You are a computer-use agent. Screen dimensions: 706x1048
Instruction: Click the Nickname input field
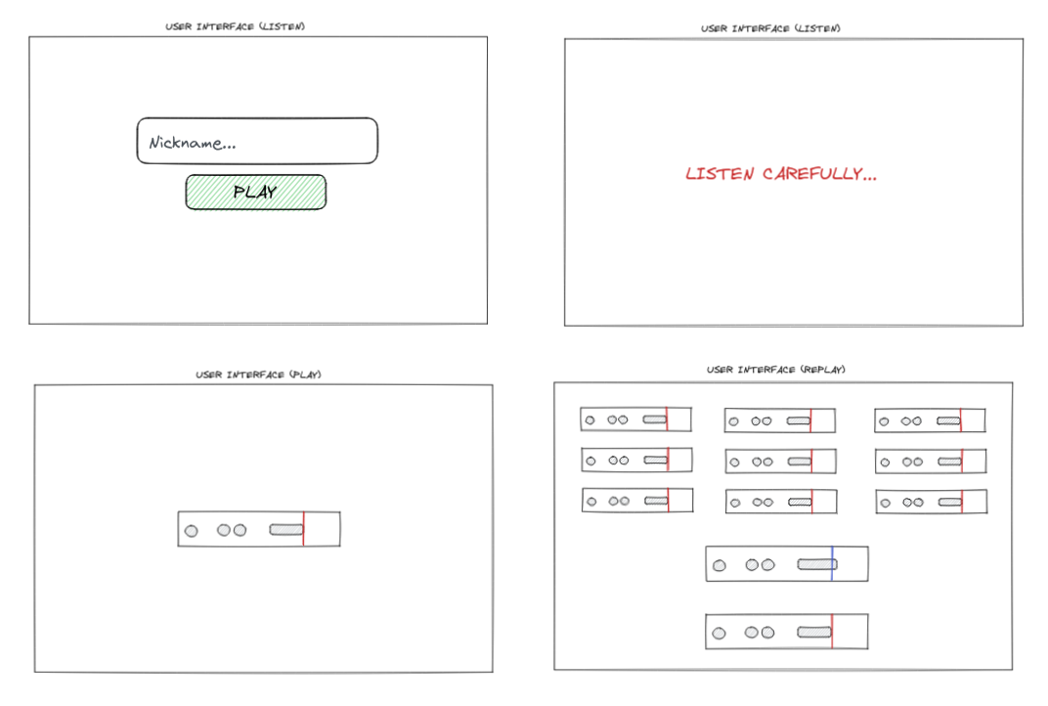[256, 141]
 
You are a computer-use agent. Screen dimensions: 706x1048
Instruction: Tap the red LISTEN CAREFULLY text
[780, 174]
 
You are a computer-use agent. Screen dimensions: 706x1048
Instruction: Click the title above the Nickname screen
[235, 26]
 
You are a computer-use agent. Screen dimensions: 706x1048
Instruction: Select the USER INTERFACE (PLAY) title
[258, 375]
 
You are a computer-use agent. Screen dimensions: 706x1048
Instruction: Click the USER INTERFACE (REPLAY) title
[775, 370]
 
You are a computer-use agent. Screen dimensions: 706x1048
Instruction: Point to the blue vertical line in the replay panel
[832, 563]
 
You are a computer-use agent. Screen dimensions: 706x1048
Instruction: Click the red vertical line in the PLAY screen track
[303, 529]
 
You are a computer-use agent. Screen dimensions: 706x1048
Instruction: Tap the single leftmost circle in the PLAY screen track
[192, 531]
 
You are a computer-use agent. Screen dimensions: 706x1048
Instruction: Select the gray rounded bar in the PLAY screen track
[285, 530]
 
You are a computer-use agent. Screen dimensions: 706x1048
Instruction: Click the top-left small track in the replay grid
[635, 419]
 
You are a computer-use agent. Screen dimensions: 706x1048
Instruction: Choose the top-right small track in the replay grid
[929, 420]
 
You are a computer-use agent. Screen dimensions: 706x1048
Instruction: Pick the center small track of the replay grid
[780, 461]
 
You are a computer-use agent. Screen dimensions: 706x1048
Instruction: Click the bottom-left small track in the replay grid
[636, 501]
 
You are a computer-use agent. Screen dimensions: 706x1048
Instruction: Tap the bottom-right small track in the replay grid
[930, 502]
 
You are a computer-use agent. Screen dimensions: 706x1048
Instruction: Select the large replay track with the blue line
[786, 564]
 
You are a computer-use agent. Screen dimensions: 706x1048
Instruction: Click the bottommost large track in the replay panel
[786, 632]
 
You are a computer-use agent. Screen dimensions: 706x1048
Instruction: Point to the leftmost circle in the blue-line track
[720, 565]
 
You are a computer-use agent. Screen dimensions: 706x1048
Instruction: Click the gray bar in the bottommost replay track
[813, 633]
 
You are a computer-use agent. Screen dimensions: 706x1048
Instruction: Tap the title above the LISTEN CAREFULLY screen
[770, 28]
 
